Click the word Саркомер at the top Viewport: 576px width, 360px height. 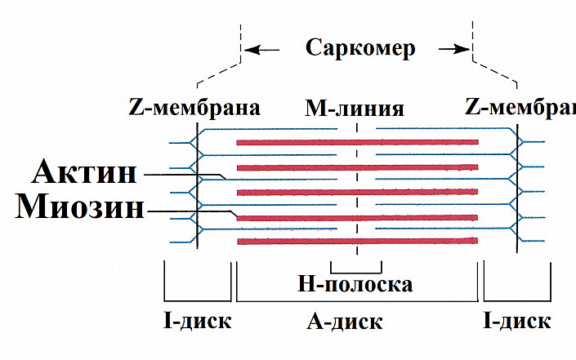tap(360, 48)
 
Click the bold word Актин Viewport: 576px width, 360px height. tap(85, 173)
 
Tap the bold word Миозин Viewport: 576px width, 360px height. tap(80, 208)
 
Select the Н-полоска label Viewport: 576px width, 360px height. tap(355, 284)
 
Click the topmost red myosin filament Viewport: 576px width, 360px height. tap(356, 142)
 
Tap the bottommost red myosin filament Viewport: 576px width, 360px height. tap(356, 242)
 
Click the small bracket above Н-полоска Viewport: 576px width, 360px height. tap(356, 271)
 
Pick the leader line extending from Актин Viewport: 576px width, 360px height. tap(180, 174)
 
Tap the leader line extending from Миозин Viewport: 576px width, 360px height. tap(188, 211)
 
